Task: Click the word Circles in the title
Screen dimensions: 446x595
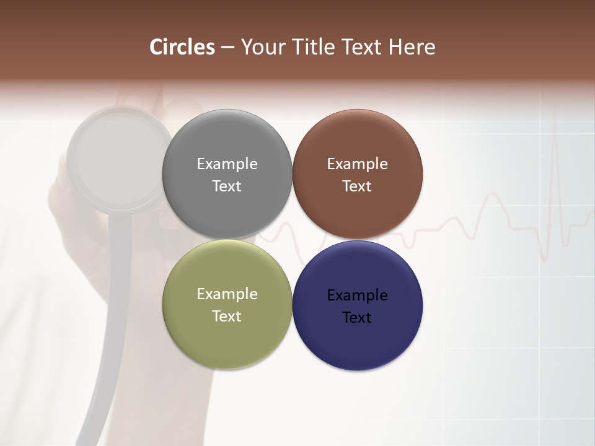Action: (182, 47)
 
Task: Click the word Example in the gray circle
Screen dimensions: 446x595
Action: (227, 164)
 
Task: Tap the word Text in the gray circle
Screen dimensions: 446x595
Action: (227, 186)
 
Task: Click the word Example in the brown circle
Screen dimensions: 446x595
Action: (357, 164)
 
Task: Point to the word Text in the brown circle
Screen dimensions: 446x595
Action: (357, 186)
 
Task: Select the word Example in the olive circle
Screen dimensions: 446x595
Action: (227, 294)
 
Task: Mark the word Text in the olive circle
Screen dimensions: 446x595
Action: (227, 317)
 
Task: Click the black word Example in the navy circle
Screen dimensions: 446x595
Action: (357, 295)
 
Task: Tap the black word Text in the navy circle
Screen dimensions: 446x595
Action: (357, 318)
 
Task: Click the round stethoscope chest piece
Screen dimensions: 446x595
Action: (118, 159)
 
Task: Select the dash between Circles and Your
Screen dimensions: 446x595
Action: (227, 48)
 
